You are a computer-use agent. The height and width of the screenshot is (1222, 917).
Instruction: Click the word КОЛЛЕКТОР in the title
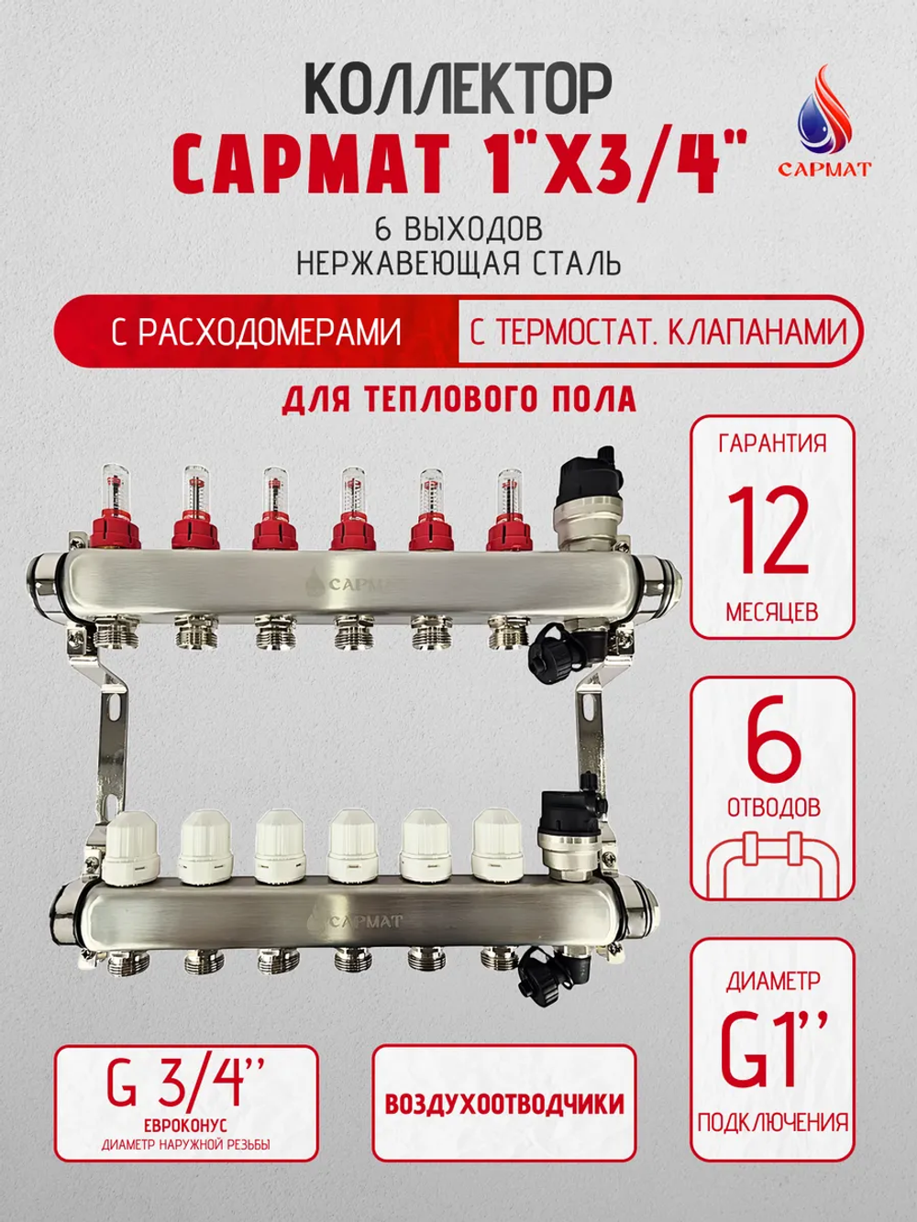click(457, 92)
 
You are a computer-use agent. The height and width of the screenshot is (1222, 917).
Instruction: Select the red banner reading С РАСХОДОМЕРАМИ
click(256, 331)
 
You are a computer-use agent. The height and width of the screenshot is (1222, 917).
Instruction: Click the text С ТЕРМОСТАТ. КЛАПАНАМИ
click(657, 331)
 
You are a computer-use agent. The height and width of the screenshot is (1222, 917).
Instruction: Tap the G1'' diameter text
click(772, 1049)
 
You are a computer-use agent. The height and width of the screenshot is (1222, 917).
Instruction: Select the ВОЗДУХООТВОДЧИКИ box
click(503, 1104)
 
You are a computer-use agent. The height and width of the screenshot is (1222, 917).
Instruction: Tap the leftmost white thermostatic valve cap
click(133, 852)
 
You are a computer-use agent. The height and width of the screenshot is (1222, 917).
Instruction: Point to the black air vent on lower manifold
click(564, 811)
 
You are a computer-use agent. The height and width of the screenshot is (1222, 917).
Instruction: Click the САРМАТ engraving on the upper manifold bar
click(353, 584)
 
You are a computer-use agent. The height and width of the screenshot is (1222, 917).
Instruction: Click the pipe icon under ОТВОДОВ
click(772, 862)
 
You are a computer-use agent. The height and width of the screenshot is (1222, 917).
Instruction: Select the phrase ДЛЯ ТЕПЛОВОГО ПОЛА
click(458, 400)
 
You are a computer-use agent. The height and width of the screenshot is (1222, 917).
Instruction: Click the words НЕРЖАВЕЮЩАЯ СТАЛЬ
click(458, 264)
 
